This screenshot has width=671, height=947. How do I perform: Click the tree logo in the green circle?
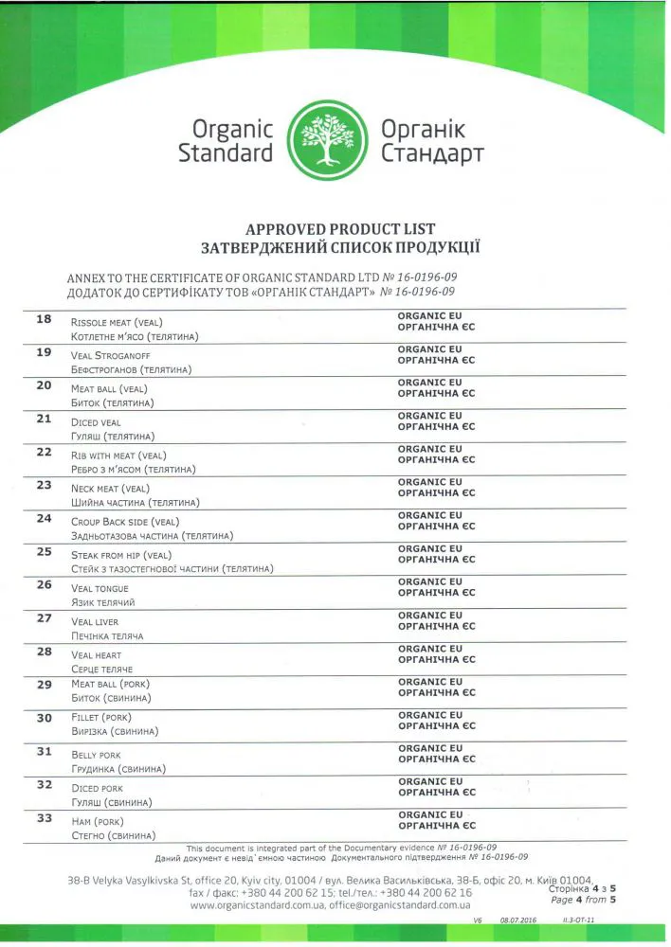(326, 140)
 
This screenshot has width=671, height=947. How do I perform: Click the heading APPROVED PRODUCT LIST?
(340, 229)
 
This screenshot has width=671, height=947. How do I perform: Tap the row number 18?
(44, 319)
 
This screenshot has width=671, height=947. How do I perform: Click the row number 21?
(44, 419)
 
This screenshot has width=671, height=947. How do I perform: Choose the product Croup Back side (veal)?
(125, 522)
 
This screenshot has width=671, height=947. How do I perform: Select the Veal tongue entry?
(100, 588)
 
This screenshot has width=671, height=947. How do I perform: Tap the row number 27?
(44, 618)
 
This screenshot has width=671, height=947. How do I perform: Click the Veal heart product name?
(97, 655)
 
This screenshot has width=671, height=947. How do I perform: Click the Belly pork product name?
(97, 755)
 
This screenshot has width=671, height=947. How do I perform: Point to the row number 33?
(44, 817)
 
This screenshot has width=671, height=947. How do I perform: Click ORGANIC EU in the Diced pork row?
(430, 782)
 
